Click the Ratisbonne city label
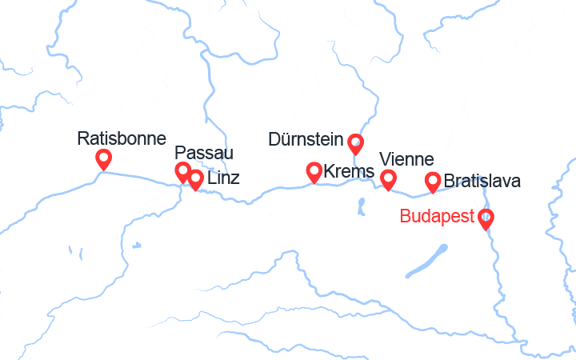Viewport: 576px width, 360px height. pos(122,138)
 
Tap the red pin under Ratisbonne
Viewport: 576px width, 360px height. pos(103,159)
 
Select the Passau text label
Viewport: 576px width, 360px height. pos(205,153)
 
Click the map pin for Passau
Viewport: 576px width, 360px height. pos(183,171)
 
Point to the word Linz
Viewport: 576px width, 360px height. pos(223,179)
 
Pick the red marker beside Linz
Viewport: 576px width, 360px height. pos(195,179)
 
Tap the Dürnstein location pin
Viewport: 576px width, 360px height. pos(356,144)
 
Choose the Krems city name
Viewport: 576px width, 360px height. pos(350,171)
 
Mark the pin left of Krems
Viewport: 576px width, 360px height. pos(315,171)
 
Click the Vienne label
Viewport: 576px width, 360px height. pos(406,159)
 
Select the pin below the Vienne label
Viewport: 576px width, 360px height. pos(388,179)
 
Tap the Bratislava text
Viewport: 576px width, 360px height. pos(482,181)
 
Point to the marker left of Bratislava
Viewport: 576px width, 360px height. pos(433,182)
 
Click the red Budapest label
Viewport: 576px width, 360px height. pos(436,216)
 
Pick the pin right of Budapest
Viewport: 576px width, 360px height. pos(486,218)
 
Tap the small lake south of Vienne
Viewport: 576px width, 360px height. pos(361,206)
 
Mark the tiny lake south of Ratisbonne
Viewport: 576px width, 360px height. pos(138,246)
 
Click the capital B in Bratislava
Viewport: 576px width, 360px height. pos(449,181)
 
